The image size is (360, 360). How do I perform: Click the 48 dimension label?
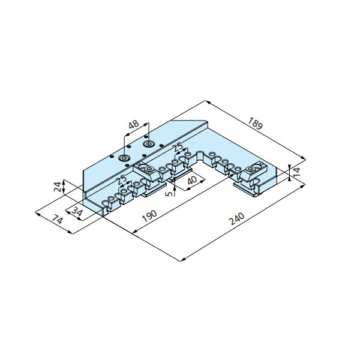[x=134, y=124]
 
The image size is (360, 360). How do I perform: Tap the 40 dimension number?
[x=192, y=181]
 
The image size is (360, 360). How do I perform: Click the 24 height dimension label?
[x=58, y=187]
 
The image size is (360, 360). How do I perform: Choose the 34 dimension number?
[x=76, y=212]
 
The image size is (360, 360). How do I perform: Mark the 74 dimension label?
[x=57, y=220]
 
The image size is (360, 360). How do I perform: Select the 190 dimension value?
[x=149, y=216]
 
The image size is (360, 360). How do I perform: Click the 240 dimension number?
[x=236, y=219]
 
